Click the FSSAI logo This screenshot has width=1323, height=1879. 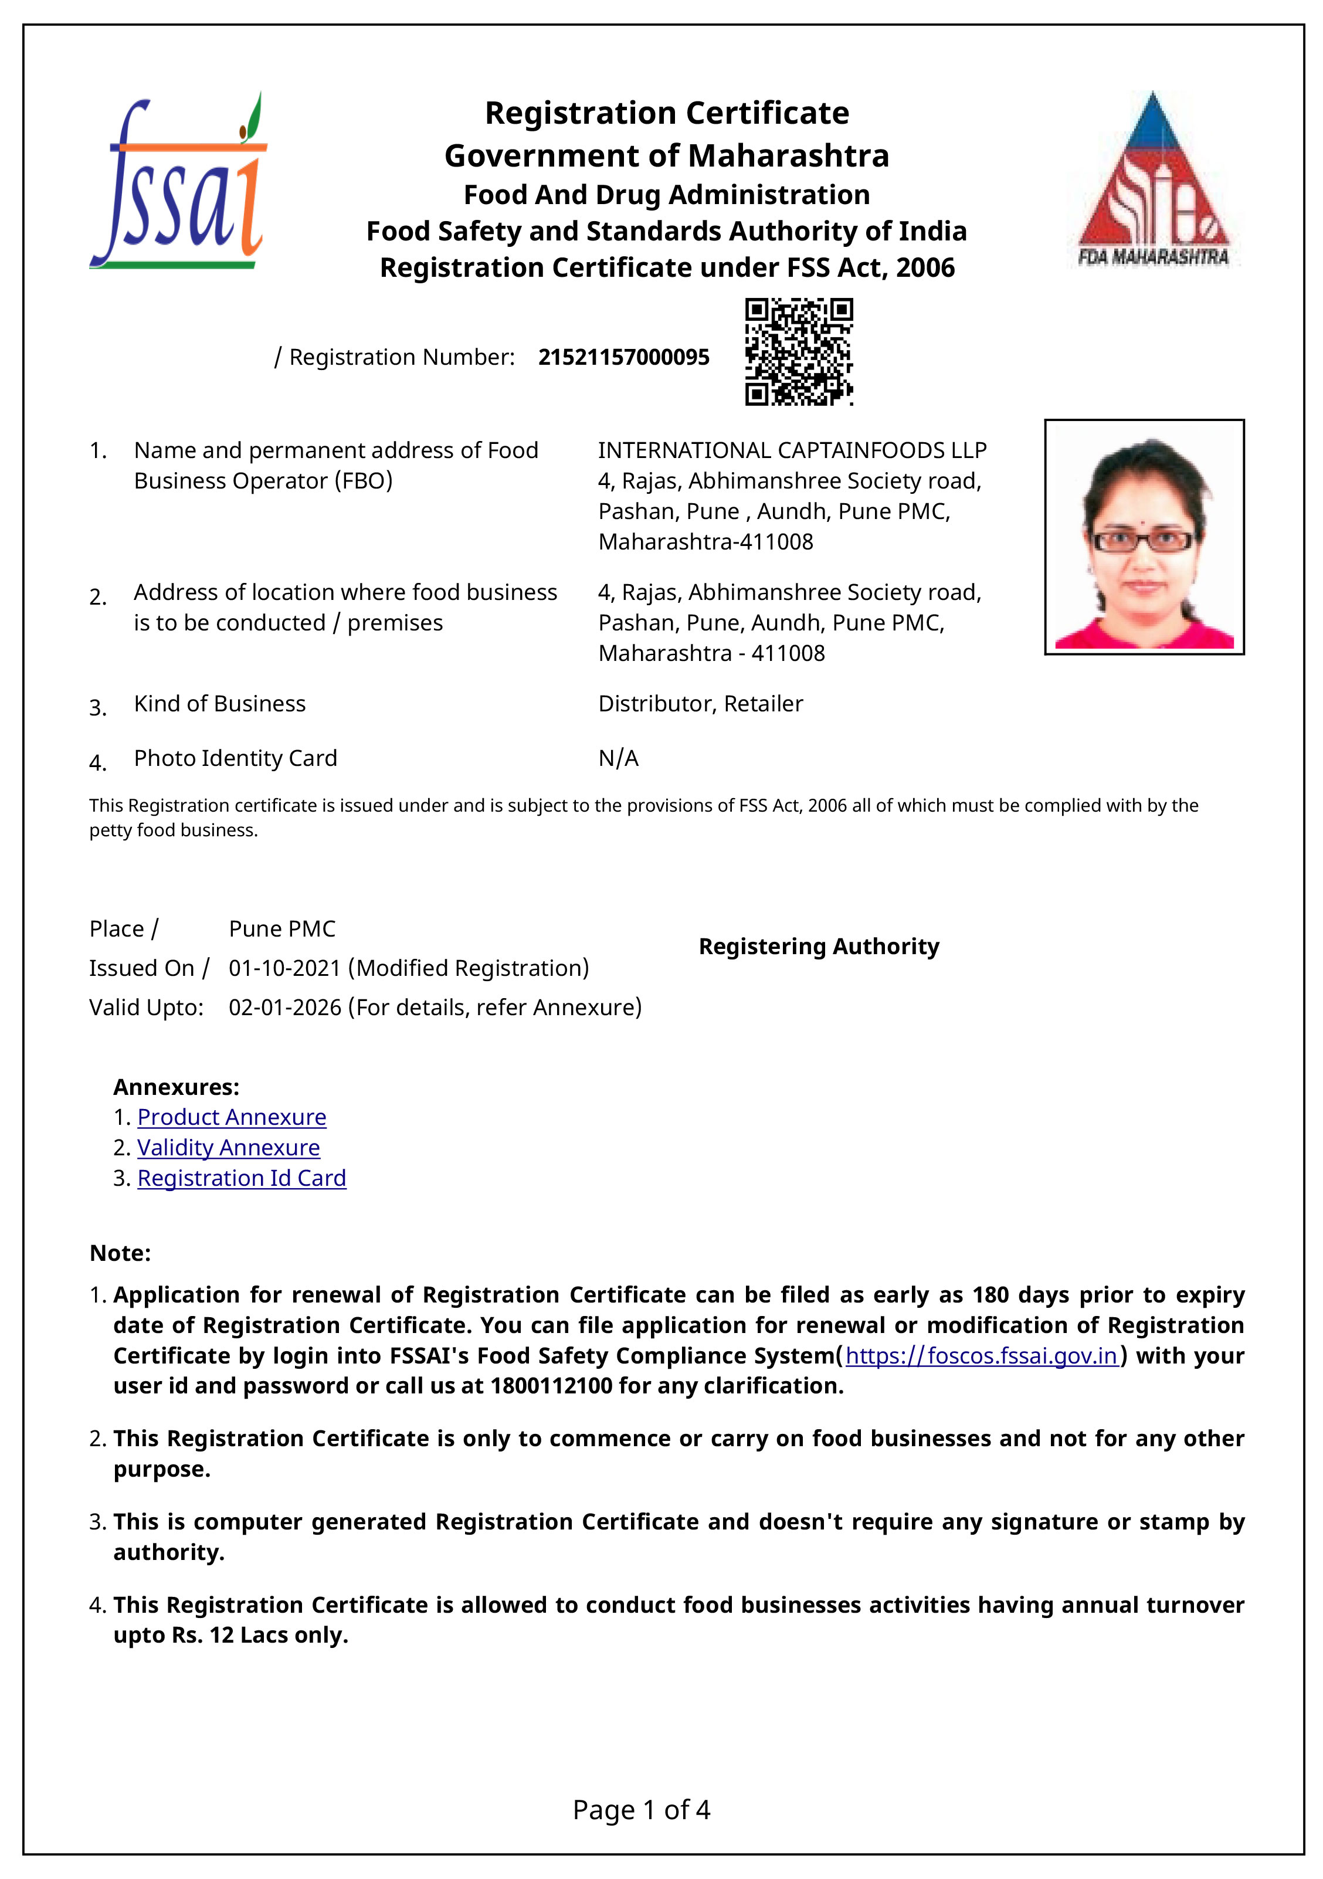178,182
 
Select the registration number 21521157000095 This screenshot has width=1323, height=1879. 623,358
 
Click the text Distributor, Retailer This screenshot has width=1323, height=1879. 700,704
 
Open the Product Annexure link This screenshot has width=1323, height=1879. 232,1117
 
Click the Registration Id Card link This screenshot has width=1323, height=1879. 242,1178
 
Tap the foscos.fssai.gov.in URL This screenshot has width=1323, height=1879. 981,1355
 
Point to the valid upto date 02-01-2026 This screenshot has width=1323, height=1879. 285,1008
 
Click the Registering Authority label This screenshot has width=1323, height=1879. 818,947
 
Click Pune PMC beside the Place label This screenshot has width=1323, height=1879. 281,929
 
